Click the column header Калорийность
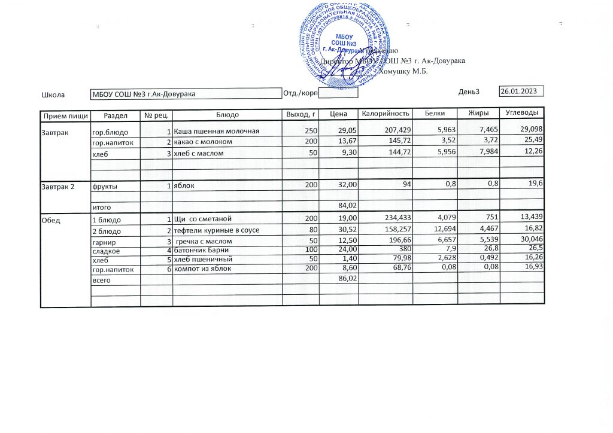[x=386, y=114]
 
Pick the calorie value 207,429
[x=396, y=130]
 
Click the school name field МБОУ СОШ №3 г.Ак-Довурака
[x=144, y=93]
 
